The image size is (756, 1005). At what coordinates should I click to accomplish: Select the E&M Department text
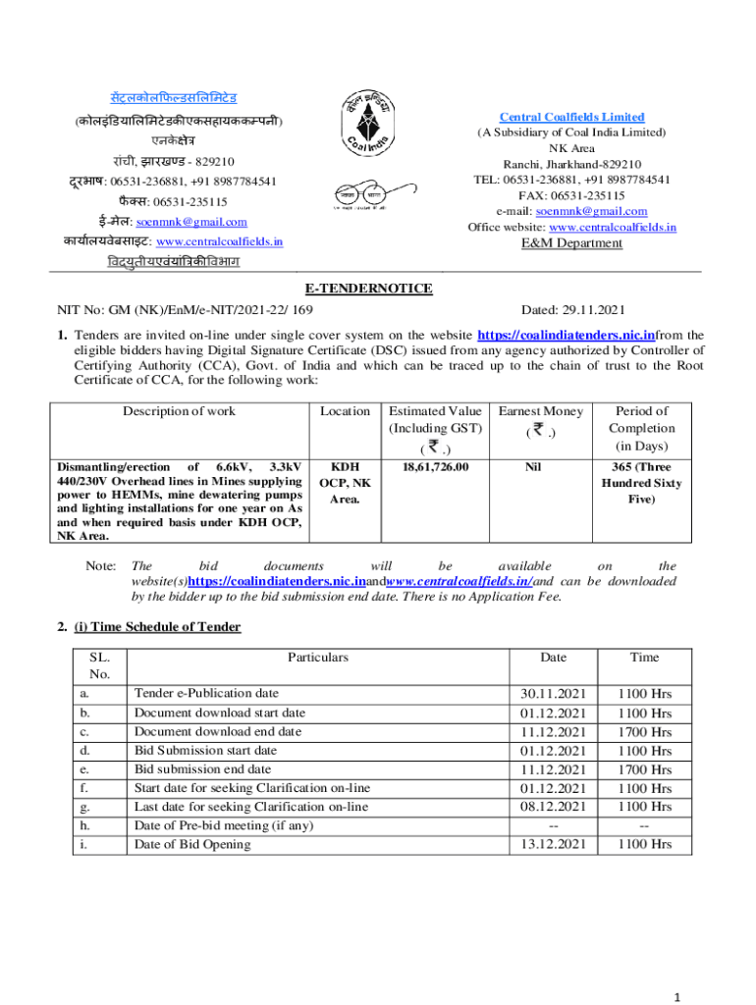(x=571, y=243)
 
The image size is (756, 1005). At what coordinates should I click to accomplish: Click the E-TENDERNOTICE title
(x=377, y=289)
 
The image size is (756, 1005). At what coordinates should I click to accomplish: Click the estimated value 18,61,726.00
(x=435, y=467)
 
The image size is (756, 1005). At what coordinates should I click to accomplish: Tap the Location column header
(x=346, y=411)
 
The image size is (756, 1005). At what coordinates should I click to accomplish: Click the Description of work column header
(x=179, y=411)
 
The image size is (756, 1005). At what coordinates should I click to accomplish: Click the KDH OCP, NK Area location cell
(x=346, y=483)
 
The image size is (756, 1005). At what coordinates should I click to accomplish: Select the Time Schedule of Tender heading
(x=156, y=626)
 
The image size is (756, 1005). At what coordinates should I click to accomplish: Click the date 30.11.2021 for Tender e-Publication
(x=554, y=694)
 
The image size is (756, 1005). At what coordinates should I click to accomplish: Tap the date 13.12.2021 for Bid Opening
(x=554, y=844)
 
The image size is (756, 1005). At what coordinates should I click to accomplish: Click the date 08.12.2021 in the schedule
(x=554, y=807)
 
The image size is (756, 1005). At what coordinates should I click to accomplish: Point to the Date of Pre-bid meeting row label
(x=223, y=825)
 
